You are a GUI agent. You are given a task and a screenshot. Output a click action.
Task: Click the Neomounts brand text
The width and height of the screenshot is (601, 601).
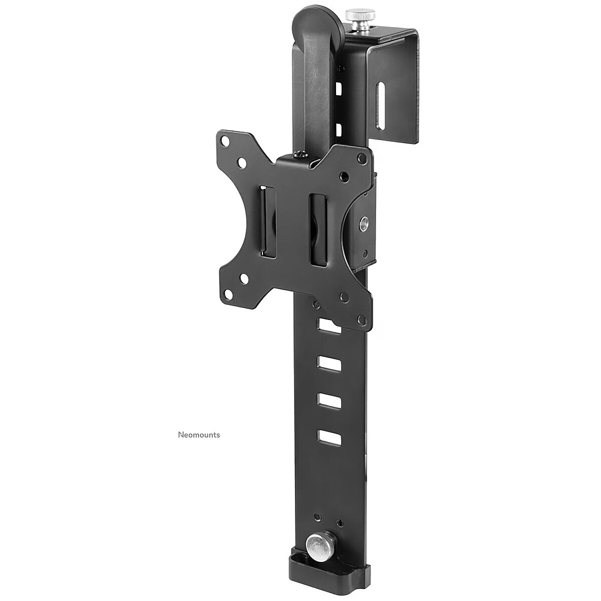(199, 435)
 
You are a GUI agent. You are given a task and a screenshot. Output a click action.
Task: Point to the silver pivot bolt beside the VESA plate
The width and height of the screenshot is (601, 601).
(363, 223)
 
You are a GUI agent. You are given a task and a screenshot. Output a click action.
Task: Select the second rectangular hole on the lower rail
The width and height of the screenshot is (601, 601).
(329, 363)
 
